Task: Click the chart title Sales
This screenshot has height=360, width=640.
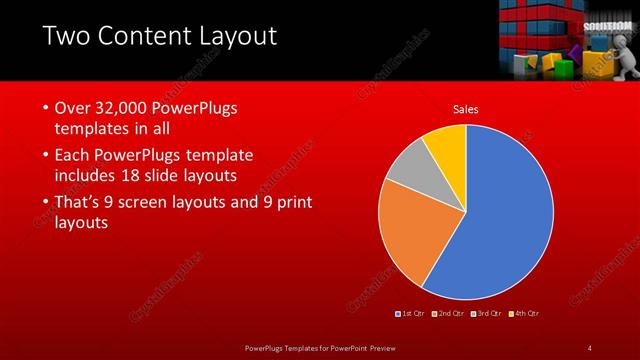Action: pyautogui.click(x=466, y=108)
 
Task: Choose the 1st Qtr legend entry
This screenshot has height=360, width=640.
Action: pyautogui.click(x=411, y=314)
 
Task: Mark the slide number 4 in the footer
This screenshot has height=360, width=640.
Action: pyautogui.click(x=590, y=347)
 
